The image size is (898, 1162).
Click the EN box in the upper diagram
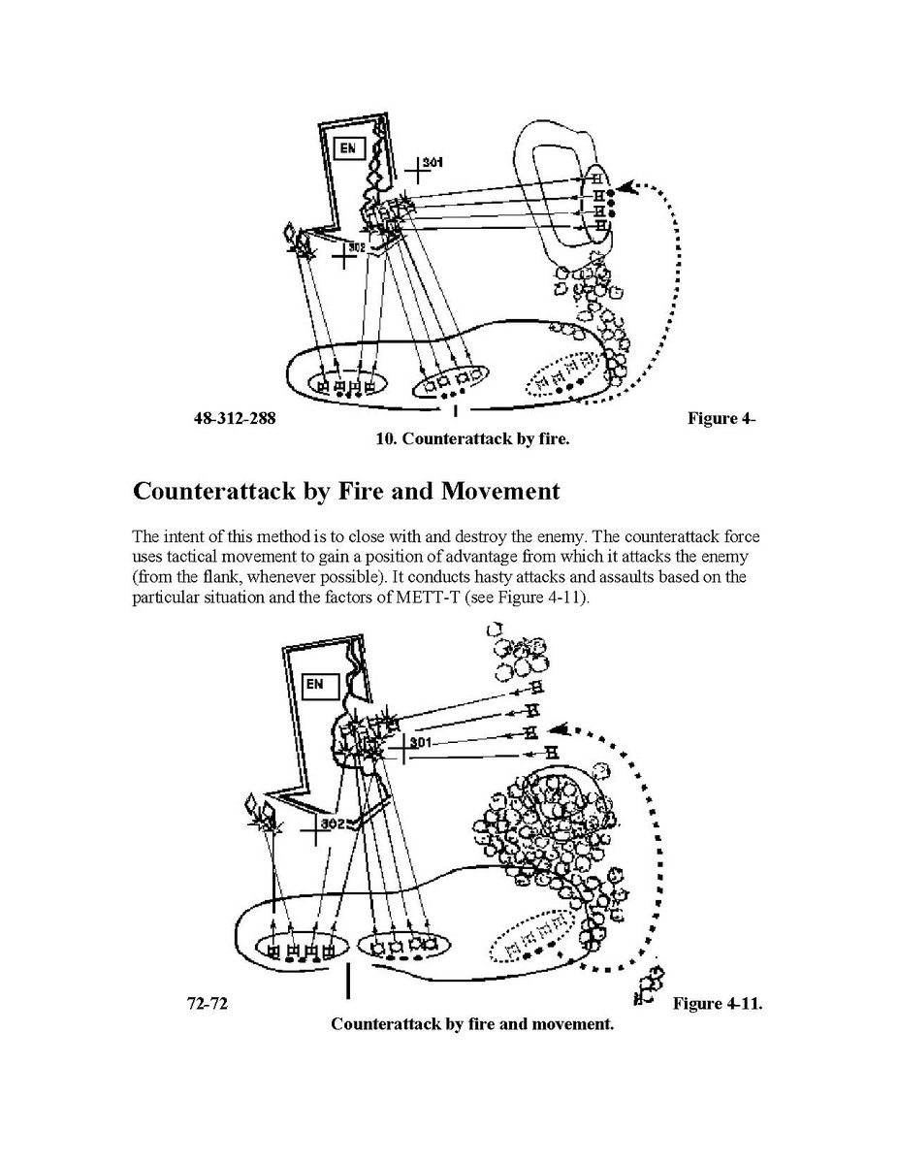click(347, 148)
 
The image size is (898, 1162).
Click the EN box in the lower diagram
click(316, 685)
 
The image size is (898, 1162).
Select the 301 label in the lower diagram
click(419, 742)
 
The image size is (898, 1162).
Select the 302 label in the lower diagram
click(334, 824)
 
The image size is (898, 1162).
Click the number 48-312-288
click(235, 419)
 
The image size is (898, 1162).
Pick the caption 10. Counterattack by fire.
click(472, 439)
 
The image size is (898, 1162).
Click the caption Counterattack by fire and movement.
click(472, 1024)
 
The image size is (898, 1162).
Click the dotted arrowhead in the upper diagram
click(629, 188)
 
